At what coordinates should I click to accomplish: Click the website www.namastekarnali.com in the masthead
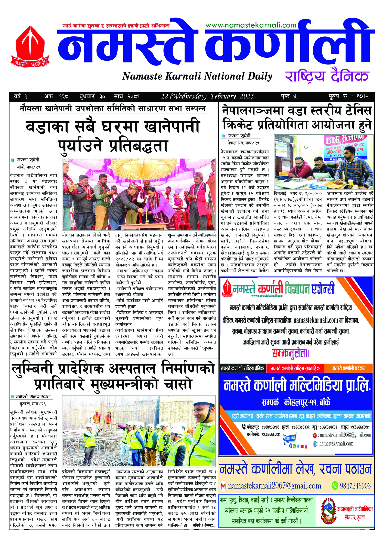click(251, 25)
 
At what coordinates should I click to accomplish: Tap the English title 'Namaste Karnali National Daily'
click(197, 76)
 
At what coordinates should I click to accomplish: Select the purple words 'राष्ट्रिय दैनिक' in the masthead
click(327, 76)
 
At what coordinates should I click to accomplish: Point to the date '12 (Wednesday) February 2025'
click(207, 97)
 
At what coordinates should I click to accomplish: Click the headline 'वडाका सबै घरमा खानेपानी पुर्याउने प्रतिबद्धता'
click(113, 136)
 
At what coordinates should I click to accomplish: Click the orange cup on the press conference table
click(350, 183)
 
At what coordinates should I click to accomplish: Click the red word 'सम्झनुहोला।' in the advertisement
click(291, 354)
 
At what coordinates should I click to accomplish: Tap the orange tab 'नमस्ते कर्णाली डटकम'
click(348, 368)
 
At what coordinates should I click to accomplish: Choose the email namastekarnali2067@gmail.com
click(274, 486)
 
